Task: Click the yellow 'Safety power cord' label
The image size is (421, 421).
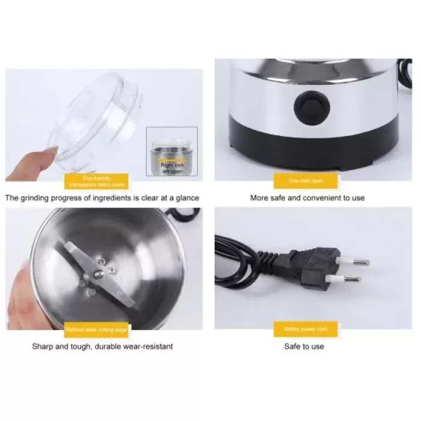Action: (x=307, y=330)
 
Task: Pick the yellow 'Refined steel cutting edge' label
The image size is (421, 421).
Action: (x=96, y=330)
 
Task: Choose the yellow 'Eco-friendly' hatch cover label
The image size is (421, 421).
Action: (x=96, y=180)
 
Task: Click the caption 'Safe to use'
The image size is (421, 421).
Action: (x=304, y=346)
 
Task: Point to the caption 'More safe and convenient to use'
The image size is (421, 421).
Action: (x=307, y=197)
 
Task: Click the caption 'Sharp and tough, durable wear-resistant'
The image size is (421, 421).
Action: (x=102, y=346)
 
